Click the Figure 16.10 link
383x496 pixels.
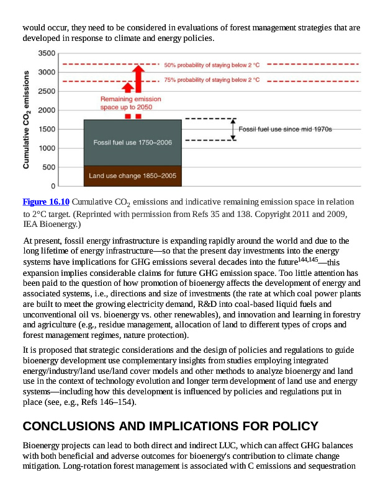click(x=46, y=202)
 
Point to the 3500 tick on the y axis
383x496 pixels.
click(x=47, y=53)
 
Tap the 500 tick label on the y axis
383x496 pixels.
click(x=49, y=167)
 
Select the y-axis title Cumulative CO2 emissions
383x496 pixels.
click(x=26, y=119)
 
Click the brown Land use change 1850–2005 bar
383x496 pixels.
click(x=132, y=176)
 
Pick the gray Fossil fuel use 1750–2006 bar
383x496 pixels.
click(x=132, y=143)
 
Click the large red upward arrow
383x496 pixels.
click(x=138, y=77)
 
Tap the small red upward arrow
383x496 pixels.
click(x=128, y=87)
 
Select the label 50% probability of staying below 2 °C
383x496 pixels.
click(x=211, y=64)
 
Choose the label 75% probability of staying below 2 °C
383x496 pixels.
click(x=211, y=81)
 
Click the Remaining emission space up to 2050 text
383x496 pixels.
click(x=131, y=103)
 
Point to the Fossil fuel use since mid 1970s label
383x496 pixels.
click(x=286, y=129)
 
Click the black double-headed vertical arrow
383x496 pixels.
click(x=233, y=129)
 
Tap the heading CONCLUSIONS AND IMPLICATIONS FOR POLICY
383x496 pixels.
click(x=170, y=427)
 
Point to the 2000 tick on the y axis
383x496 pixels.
click(x=47, y=110)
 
